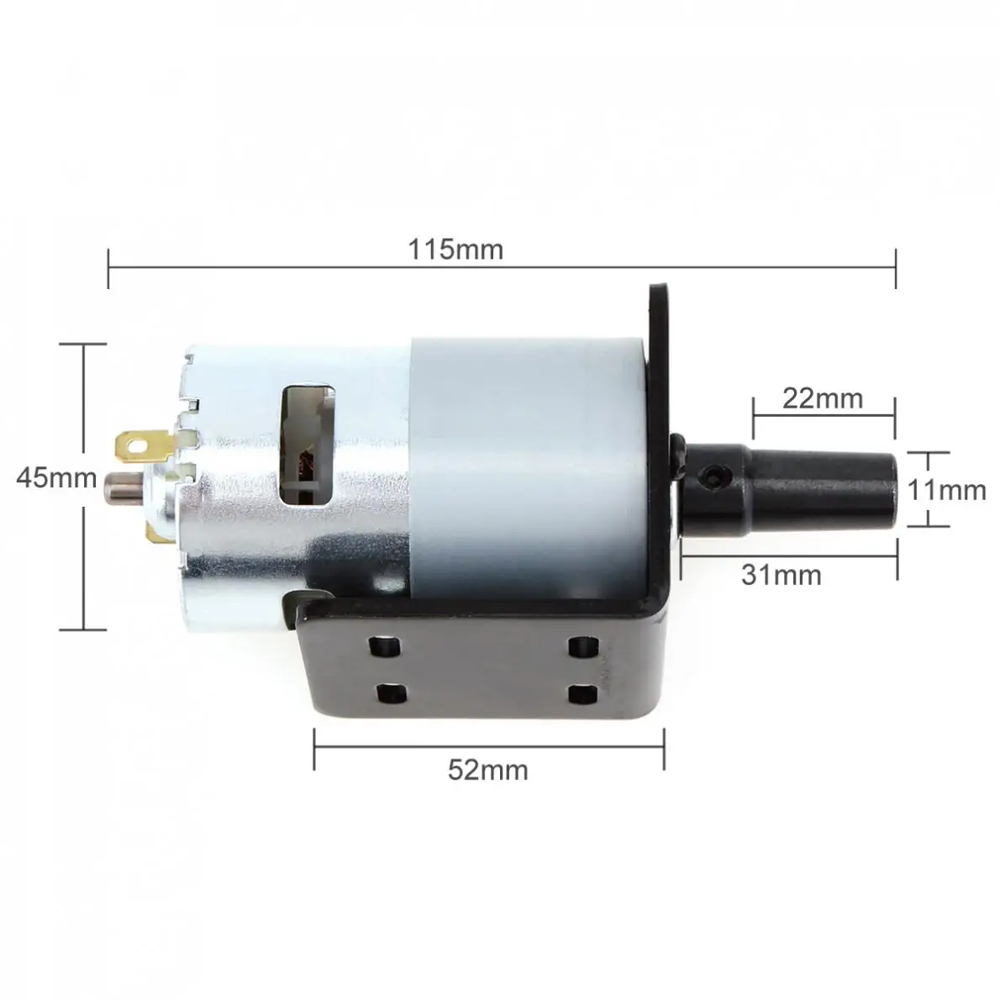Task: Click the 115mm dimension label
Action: coord(455,250)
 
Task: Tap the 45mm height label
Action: coord(56,477)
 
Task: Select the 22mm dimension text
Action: coord(823,398)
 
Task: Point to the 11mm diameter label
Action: coord(946,490)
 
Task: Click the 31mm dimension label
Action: coord(782,576)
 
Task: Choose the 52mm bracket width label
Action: coord(488,770)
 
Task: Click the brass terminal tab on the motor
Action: coord(144,445)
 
